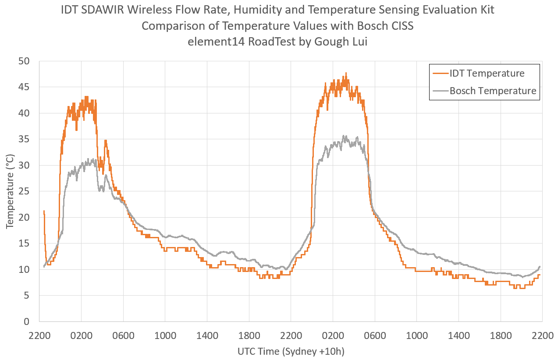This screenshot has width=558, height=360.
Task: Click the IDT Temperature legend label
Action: [487, 73]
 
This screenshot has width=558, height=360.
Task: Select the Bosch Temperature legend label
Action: [492, 91]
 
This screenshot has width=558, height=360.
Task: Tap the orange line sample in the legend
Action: [440, 73]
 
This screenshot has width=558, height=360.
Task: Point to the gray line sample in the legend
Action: [440, 91]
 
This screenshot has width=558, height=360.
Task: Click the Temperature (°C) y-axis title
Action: [10, 191]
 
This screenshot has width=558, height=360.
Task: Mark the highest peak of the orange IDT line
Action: [346, 73]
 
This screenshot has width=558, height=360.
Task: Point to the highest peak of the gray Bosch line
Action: [344, 136]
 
